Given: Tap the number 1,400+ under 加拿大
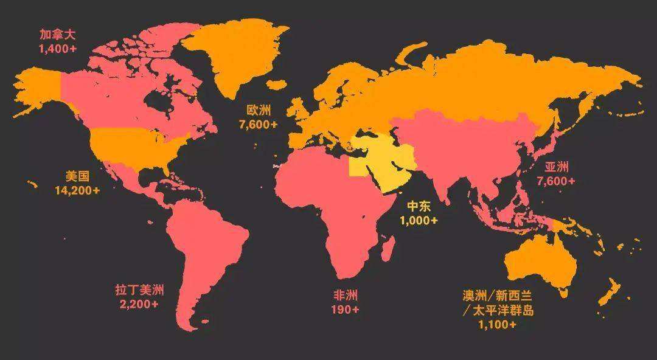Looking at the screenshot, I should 57,49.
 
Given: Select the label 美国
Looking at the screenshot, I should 77,177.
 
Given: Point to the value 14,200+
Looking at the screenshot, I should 77,190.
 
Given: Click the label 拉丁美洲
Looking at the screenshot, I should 139,290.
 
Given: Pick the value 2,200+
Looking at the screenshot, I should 139,304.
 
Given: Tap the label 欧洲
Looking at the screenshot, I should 259,110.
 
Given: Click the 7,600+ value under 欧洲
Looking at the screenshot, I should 259,124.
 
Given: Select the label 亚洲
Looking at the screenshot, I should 556,167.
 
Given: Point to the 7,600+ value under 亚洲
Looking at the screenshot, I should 556,181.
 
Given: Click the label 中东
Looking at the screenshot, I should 419,206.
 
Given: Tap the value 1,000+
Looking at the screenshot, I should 419,220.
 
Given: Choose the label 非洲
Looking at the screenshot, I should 345,296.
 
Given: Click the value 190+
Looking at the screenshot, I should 345,310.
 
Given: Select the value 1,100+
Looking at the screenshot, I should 497,325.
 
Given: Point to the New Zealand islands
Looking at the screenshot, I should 608,292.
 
